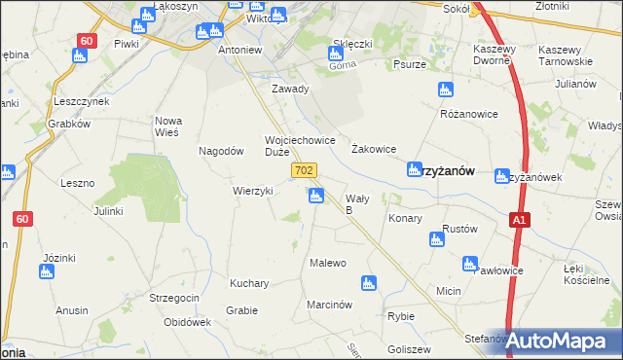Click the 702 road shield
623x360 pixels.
[303, 170]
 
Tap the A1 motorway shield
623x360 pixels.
[521, 222]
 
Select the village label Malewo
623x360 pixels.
[328, 263]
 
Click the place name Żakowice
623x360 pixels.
[373, 149]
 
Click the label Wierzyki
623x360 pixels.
[252, 191]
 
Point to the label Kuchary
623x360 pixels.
[249, 283]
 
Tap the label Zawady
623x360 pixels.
[290, 89]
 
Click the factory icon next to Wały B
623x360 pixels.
[315, 197]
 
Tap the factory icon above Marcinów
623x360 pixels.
[368, 283]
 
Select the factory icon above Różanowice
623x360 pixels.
[446, 90]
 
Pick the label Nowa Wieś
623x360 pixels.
[169, 126]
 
